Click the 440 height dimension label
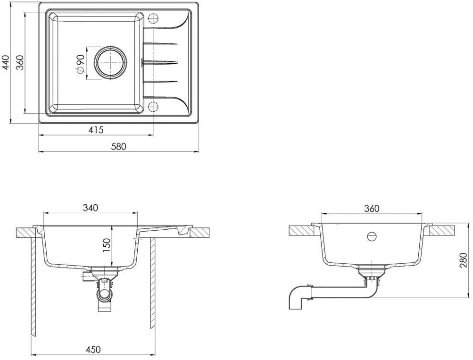[6, 63]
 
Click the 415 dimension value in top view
[96, 130]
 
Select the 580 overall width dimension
[118, 147]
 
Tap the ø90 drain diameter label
[80, 63]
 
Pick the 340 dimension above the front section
[91, 208]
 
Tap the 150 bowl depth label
[108, 246]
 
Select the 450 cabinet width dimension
[93, 350]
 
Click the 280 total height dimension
[464, 260]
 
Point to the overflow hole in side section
[372, 236]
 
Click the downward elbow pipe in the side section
[296, 298]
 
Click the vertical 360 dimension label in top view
[20, 63]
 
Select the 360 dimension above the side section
[371, 209]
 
